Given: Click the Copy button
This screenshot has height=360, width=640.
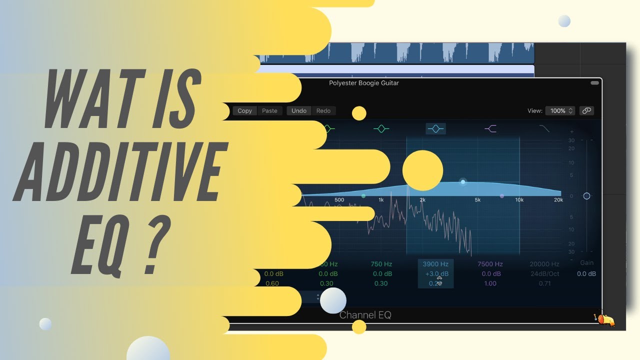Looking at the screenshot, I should pyautogui.click(x=244, y=111).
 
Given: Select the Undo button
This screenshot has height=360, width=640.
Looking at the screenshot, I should pyautogui.click(x=299, y=111).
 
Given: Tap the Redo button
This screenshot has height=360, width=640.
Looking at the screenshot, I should pyautogui.click(x=323, y=111).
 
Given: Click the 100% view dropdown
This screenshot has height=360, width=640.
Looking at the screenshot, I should pyautogui.click(x=560, y=111).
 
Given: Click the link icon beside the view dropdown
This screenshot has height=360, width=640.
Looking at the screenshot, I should pyautogui.click(x=586, y=111).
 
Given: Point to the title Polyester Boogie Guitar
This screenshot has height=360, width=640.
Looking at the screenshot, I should pyautogui.click(x=363, y=83).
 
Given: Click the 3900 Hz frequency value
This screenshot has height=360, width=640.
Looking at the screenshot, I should pyautogui.click(x=435, y=264).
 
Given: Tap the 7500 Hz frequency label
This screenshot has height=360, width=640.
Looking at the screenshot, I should pyautogui.click(x=490, y=264).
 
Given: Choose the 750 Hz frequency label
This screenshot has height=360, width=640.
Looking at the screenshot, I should pyautogui.click(x=381, y=264).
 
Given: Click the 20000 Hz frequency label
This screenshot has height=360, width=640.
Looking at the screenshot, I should pyautogui.click(x=544, y=264).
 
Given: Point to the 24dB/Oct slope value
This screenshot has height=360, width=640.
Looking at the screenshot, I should pyautogui.click(x=544, y=273).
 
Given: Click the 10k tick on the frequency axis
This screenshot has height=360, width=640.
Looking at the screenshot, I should pyautogui.click(x=519, y=200).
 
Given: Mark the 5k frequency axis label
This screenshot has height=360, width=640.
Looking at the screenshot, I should pyautogui.click(x=477, y=200).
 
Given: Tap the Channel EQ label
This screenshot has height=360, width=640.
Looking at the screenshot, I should pyautogui.click(x=365, y=315).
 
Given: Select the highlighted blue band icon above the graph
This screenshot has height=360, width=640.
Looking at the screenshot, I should pyautogui.click(x=435, y=129).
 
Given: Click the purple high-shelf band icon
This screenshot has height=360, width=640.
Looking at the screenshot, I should pyautogui.click(x=490, y=129).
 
